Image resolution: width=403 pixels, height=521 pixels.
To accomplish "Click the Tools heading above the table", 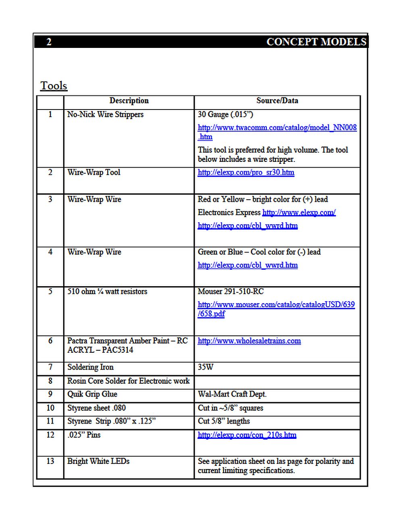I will click(x=54, y=86).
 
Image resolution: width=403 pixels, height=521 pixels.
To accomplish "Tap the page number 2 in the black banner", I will click(x=49, y=42).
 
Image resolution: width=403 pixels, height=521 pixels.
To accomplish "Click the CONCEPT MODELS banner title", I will click(x=316, y=42).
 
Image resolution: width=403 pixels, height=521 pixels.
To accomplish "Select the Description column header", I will click(x=129, y=101).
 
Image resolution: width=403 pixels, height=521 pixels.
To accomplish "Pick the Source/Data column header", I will click(x=277, y=101).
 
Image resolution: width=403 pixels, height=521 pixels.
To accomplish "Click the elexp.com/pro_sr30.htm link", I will click(x=246, y=172).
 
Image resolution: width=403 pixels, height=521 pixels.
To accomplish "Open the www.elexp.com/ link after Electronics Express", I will click(x=299, y=213).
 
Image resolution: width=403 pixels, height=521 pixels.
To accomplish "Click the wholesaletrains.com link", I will click(x=249, y=341).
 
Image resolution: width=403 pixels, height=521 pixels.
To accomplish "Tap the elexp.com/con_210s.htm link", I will click(x=247, y=435).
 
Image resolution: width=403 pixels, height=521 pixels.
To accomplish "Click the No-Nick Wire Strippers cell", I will click(x=105, y=114).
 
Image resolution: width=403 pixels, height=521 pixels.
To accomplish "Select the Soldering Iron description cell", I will click(x=90, y=367).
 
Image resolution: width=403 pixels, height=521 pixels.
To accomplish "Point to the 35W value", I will click(x=206, y=367).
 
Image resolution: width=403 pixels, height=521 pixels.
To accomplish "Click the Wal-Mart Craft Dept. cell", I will click(x=232, y=394).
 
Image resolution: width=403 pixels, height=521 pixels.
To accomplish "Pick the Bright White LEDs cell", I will click(x=98, y=461).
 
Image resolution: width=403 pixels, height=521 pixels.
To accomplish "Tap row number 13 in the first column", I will click(x=50, y=461).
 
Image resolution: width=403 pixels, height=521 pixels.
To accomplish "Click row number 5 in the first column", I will click(x=50, y=292).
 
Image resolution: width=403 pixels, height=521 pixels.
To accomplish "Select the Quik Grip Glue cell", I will click(x=92, y=394).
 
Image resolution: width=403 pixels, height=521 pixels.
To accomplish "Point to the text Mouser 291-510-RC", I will click(x=231, y=292).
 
